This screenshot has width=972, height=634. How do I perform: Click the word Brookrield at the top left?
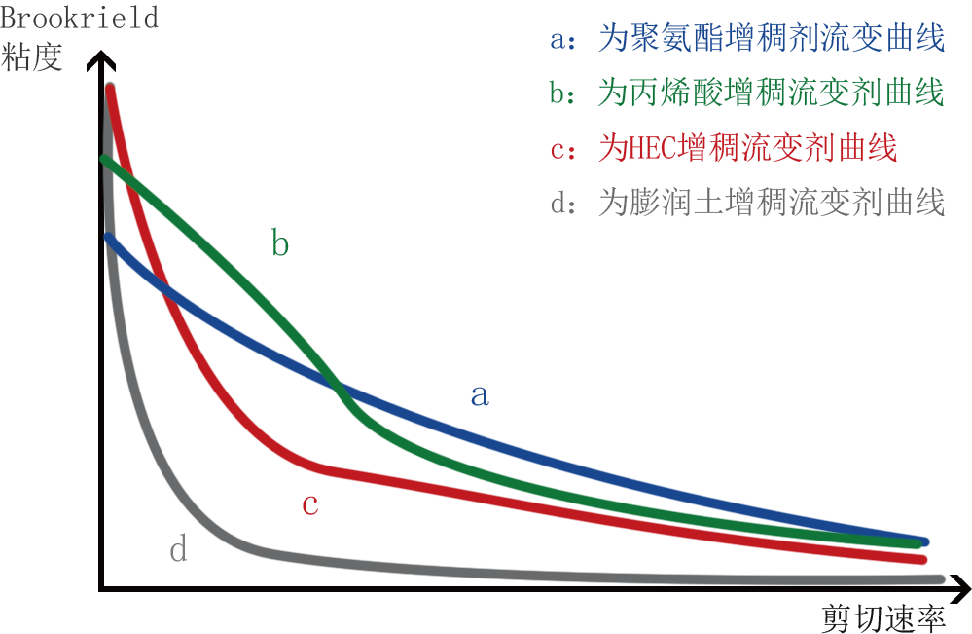tap(79, 18)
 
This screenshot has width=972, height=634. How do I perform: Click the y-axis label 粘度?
tap(33, 57)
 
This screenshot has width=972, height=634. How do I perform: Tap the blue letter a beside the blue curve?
tap(479, 395)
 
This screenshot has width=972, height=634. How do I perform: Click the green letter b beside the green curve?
tap(280, 244)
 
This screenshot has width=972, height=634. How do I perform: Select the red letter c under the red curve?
tap(309, 504)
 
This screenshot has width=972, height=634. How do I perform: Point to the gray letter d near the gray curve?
tap(178, 551)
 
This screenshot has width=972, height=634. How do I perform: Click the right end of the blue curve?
tap(923, 542)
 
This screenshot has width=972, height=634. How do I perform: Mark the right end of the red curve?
tap(922, 559)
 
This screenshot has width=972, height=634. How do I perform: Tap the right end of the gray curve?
tap(940, 579)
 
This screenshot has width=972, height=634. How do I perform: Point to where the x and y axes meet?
tap(101, 588)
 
